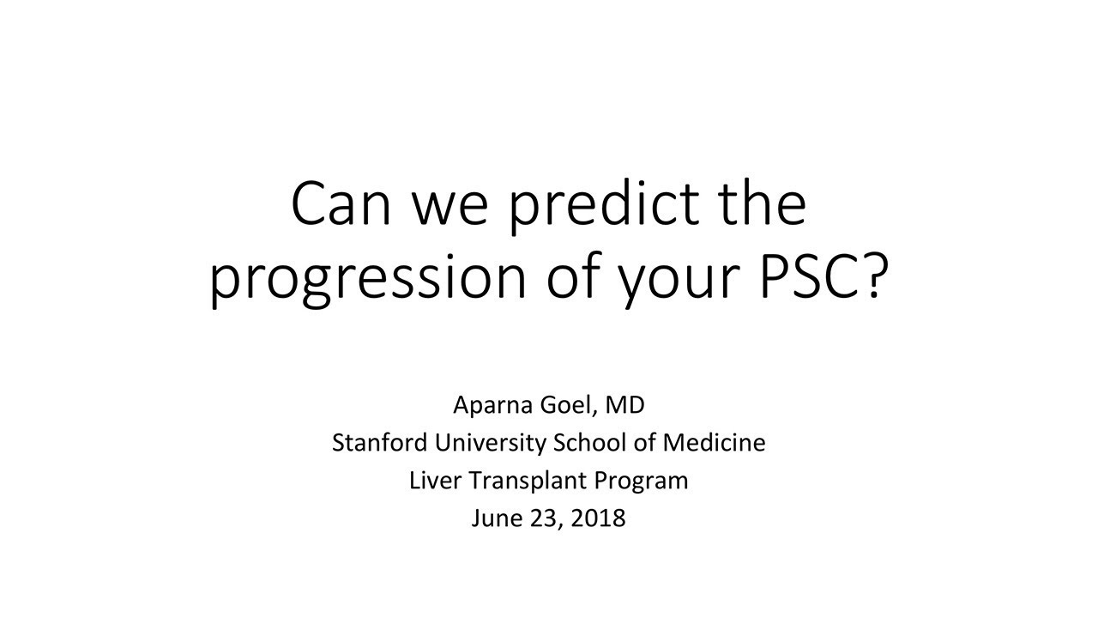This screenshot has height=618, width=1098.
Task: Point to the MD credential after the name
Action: click(628, 404)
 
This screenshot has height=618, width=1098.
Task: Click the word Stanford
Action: click(380, 443)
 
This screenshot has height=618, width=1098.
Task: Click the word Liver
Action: click(435, 481)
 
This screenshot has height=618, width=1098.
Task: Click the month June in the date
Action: click(492, 518)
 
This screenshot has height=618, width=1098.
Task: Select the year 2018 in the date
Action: click(599, 518)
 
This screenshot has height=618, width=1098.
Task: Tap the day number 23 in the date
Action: click(541, 518)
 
